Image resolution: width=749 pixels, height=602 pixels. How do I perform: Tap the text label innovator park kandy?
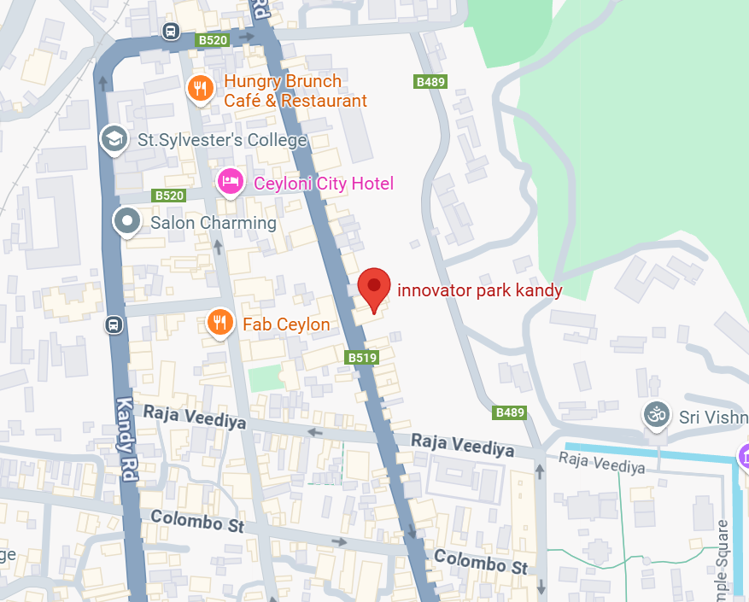(x=479, y=290)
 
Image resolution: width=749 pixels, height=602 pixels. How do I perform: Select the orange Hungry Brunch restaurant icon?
(x=200, y=88)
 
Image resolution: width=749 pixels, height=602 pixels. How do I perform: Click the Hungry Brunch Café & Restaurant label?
(x=295, y=91)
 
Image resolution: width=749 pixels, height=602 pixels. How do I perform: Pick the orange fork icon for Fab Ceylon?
(x=220, y=322)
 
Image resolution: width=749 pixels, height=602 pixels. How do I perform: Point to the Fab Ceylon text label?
(x=286, y=324)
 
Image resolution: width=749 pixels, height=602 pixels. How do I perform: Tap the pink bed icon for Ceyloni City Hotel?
(x=229, y=181)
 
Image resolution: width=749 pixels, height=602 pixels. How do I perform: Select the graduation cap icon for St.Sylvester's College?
(x=114, y=138)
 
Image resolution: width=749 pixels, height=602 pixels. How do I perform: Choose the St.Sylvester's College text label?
(x=222, y=141)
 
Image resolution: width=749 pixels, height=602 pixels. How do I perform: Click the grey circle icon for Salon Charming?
(x=127, y=221)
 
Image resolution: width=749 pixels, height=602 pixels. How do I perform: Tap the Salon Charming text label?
(x=214, y=223)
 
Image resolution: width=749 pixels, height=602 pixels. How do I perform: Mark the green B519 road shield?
(x=362, y=358)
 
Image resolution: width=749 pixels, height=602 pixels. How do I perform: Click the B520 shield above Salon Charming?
(x=169, y=196)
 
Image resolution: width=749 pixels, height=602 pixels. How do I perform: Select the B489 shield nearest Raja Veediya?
(x=510, y=412)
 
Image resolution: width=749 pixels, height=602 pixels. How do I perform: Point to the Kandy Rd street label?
(x=126, y=440)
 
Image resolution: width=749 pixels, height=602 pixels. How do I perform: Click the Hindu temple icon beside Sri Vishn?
(x=656, y=416)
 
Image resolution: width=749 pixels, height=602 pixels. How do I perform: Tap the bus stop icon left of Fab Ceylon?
(x=113, y=324)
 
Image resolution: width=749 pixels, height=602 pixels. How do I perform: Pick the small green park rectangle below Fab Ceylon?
(x=264, y=377)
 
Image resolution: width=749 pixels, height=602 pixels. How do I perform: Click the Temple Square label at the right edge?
(x=723, y=559)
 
